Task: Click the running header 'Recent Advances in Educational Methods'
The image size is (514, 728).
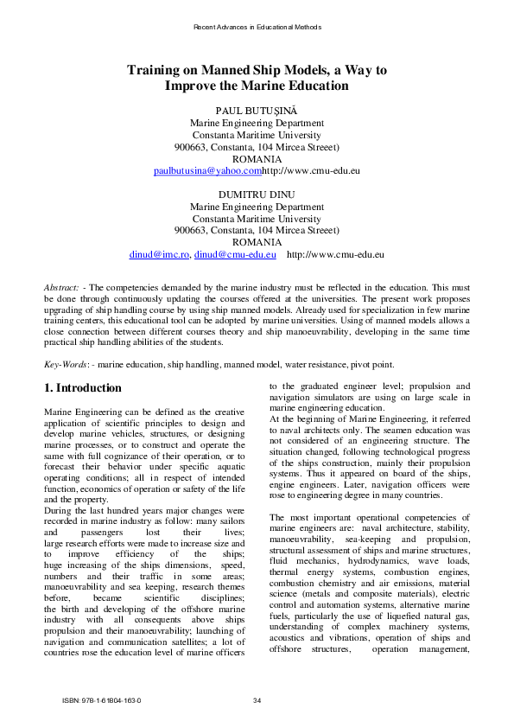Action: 257,27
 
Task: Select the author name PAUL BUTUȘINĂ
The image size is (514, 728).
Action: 257,111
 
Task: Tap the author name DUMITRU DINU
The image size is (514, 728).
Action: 257,195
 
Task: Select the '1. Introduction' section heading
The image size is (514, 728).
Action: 83,388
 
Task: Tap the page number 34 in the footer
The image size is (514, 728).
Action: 257,699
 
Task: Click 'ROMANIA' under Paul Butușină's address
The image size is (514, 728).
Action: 257,159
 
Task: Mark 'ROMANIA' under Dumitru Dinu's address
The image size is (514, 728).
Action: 257,243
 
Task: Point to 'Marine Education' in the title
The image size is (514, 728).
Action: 298,86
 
